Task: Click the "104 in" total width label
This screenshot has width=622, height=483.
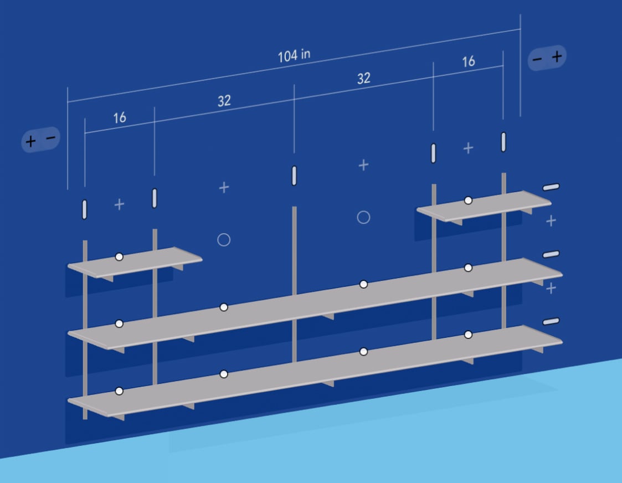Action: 294,55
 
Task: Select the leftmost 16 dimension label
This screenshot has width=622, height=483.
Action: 120,118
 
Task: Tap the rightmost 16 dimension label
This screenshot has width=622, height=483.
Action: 469,61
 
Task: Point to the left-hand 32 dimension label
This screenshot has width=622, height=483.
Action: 224,101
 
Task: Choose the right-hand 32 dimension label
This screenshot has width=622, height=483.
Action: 364,78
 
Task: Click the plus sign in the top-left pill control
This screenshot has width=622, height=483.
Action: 30,141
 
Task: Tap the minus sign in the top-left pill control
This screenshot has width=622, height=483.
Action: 51,137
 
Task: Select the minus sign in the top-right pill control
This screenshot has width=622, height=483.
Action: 537,59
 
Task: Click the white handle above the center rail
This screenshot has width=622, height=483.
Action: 294,176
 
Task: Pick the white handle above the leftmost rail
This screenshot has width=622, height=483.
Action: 85,209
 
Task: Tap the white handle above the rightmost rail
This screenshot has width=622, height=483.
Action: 503,142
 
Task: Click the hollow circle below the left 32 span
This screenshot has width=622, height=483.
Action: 224,239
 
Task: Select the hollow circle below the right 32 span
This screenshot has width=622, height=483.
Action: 363,217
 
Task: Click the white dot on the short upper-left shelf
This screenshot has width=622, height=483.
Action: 119,257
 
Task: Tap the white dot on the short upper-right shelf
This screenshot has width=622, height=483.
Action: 468,201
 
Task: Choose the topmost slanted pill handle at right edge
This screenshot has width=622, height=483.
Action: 551,187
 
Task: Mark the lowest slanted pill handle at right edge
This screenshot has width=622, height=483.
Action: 551,321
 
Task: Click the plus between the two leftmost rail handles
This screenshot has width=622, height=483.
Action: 119,204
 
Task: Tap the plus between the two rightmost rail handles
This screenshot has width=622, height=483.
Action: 468,148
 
